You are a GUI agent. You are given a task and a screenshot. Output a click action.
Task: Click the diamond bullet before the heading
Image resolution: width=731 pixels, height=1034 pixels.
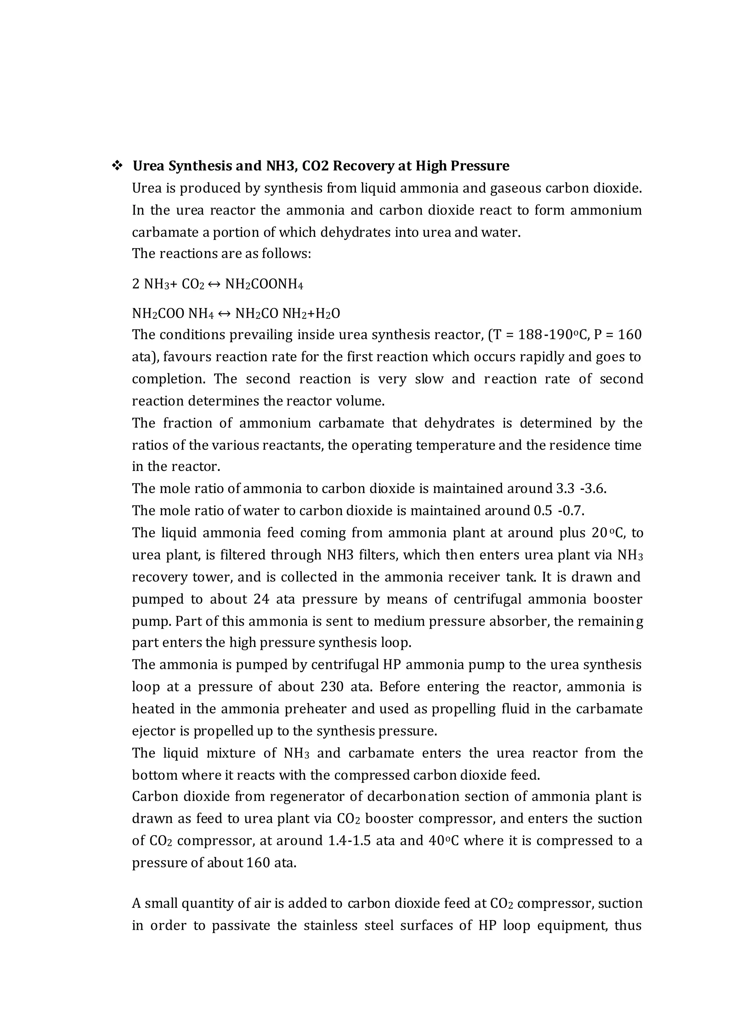[x=117, y=166]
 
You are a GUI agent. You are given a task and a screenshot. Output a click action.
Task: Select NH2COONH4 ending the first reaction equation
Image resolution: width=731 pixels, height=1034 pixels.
[x=264, y=284]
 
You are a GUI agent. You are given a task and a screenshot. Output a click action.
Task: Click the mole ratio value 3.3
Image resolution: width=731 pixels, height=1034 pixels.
[x=565, y=489]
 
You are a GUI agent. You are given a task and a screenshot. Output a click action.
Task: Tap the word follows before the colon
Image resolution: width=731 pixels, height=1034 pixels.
[x=286, y=254]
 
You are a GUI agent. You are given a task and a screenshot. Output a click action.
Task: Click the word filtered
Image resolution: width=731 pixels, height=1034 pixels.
[x=243, y=555]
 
